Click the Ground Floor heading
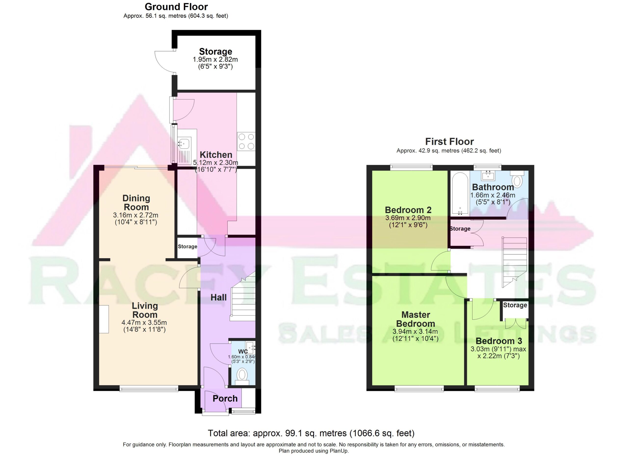pos(176,7)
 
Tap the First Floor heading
pos(449,142)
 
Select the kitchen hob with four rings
pos(246,142)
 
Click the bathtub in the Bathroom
pos(460,194)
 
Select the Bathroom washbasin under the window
pos(488,175)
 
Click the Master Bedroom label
pos(415,319)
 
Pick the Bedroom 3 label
pos(499,341)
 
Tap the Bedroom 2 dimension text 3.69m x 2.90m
pos(408,218)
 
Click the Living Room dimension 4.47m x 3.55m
pos(144,323)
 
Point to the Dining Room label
pos(136,202)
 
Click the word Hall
pos(219,297)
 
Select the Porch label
pos(225,399)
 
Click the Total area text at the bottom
pos(311,433)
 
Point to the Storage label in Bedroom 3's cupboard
pos(515,305)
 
